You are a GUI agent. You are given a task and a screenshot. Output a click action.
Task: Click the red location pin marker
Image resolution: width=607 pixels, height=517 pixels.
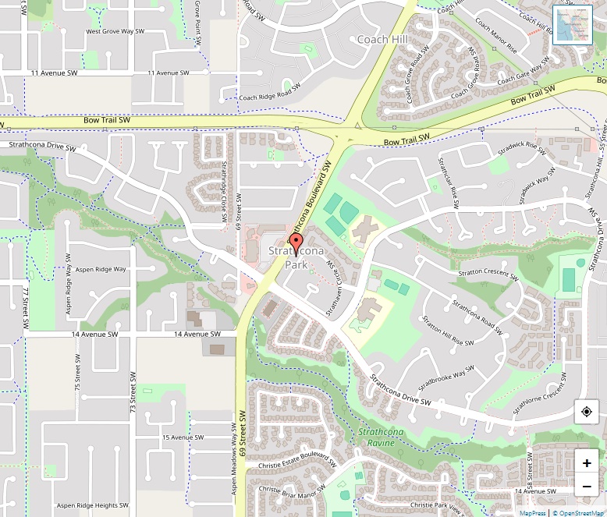click(x=296, y=243)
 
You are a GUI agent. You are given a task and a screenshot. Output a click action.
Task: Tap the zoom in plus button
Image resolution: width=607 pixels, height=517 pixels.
click(x=587, y=462)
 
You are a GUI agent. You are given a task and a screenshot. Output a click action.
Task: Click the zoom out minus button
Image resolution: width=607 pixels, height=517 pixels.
click(x=587, y=487)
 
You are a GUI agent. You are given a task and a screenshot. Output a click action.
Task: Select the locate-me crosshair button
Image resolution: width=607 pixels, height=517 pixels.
click(x=587, y=412)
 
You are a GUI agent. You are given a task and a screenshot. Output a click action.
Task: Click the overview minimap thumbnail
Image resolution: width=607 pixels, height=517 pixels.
click(x=572, y=26)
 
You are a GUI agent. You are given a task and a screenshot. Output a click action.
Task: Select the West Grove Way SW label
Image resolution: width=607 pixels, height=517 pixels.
click(x=115, y=32)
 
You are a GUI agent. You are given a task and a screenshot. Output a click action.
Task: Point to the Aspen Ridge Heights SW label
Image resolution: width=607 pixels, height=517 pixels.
click(x=98, y=506)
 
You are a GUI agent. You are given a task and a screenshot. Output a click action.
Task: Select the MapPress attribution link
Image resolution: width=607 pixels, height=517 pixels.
click(x=533, y=513)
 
